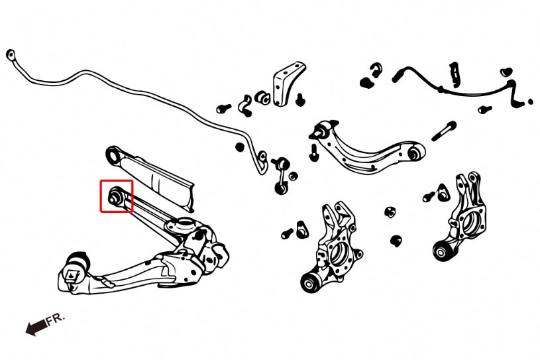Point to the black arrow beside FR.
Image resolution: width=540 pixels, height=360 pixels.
tap(36, 326)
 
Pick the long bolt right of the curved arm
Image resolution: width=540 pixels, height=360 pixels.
tap(443, 131)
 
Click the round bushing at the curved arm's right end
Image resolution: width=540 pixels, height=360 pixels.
tap(415, 154)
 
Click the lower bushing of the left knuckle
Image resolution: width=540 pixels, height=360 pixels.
tap(309, 283)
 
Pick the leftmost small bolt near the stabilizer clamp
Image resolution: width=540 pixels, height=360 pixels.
tap(221, 106)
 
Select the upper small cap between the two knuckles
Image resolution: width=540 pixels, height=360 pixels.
tap(391, 211)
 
